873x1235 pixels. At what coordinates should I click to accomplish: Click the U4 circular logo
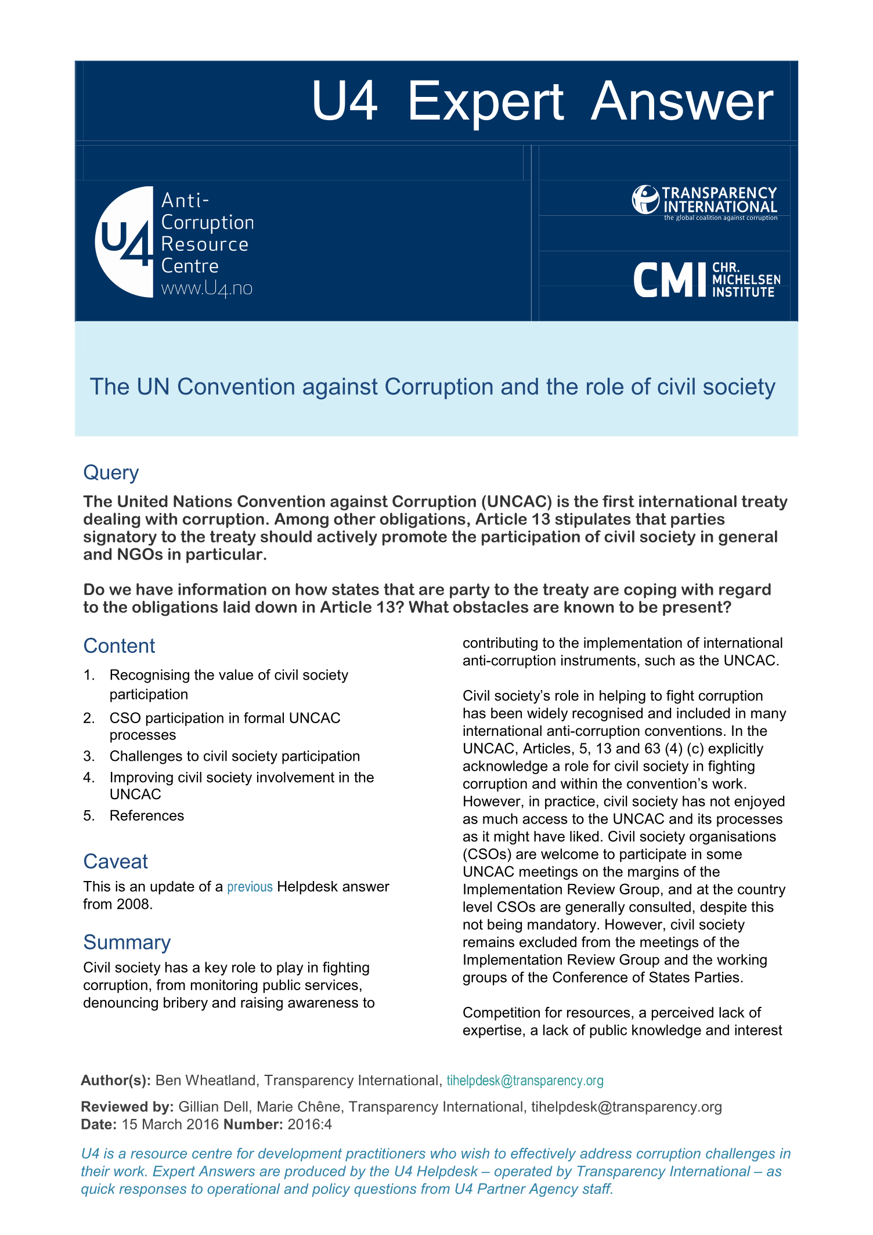point(124,242)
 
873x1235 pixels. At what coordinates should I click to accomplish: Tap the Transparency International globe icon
point(645,200)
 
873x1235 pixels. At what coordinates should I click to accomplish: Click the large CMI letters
point(671,280)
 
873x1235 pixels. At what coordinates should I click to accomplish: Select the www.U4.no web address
point(207,288)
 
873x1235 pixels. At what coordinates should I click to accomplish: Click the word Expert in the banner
point(485,102)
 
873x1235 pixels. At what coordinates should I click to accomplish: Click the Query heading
point(111,472)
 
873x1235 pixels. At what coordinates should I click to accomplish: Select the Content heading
point(119,646)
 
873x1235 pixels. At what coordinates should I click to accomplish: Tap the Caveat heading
point(116,861)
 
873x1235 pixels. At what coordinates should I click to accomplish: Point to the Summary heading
point(127,942)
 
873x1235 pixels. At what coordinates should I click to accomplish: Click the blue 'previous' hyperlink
point(250,887)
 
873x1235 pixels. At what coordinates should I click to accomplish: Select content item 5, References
point(147,815)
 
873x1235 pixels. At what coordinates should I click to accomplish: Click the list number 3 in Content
point(88,756)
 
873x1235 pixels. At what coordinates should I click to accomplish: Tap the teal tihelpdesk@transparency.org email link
point(525,1081)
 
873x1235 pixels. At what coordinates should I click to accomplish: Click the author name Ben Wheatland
point(205,1081)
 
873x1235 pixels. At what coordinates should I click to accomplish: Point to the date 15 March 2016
point(170,1124)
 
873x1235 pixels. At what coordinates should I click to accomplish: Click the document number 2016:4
point(309,1124)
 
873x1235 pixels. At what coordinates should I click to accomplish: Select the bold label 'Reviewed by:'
point(127,1107)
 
